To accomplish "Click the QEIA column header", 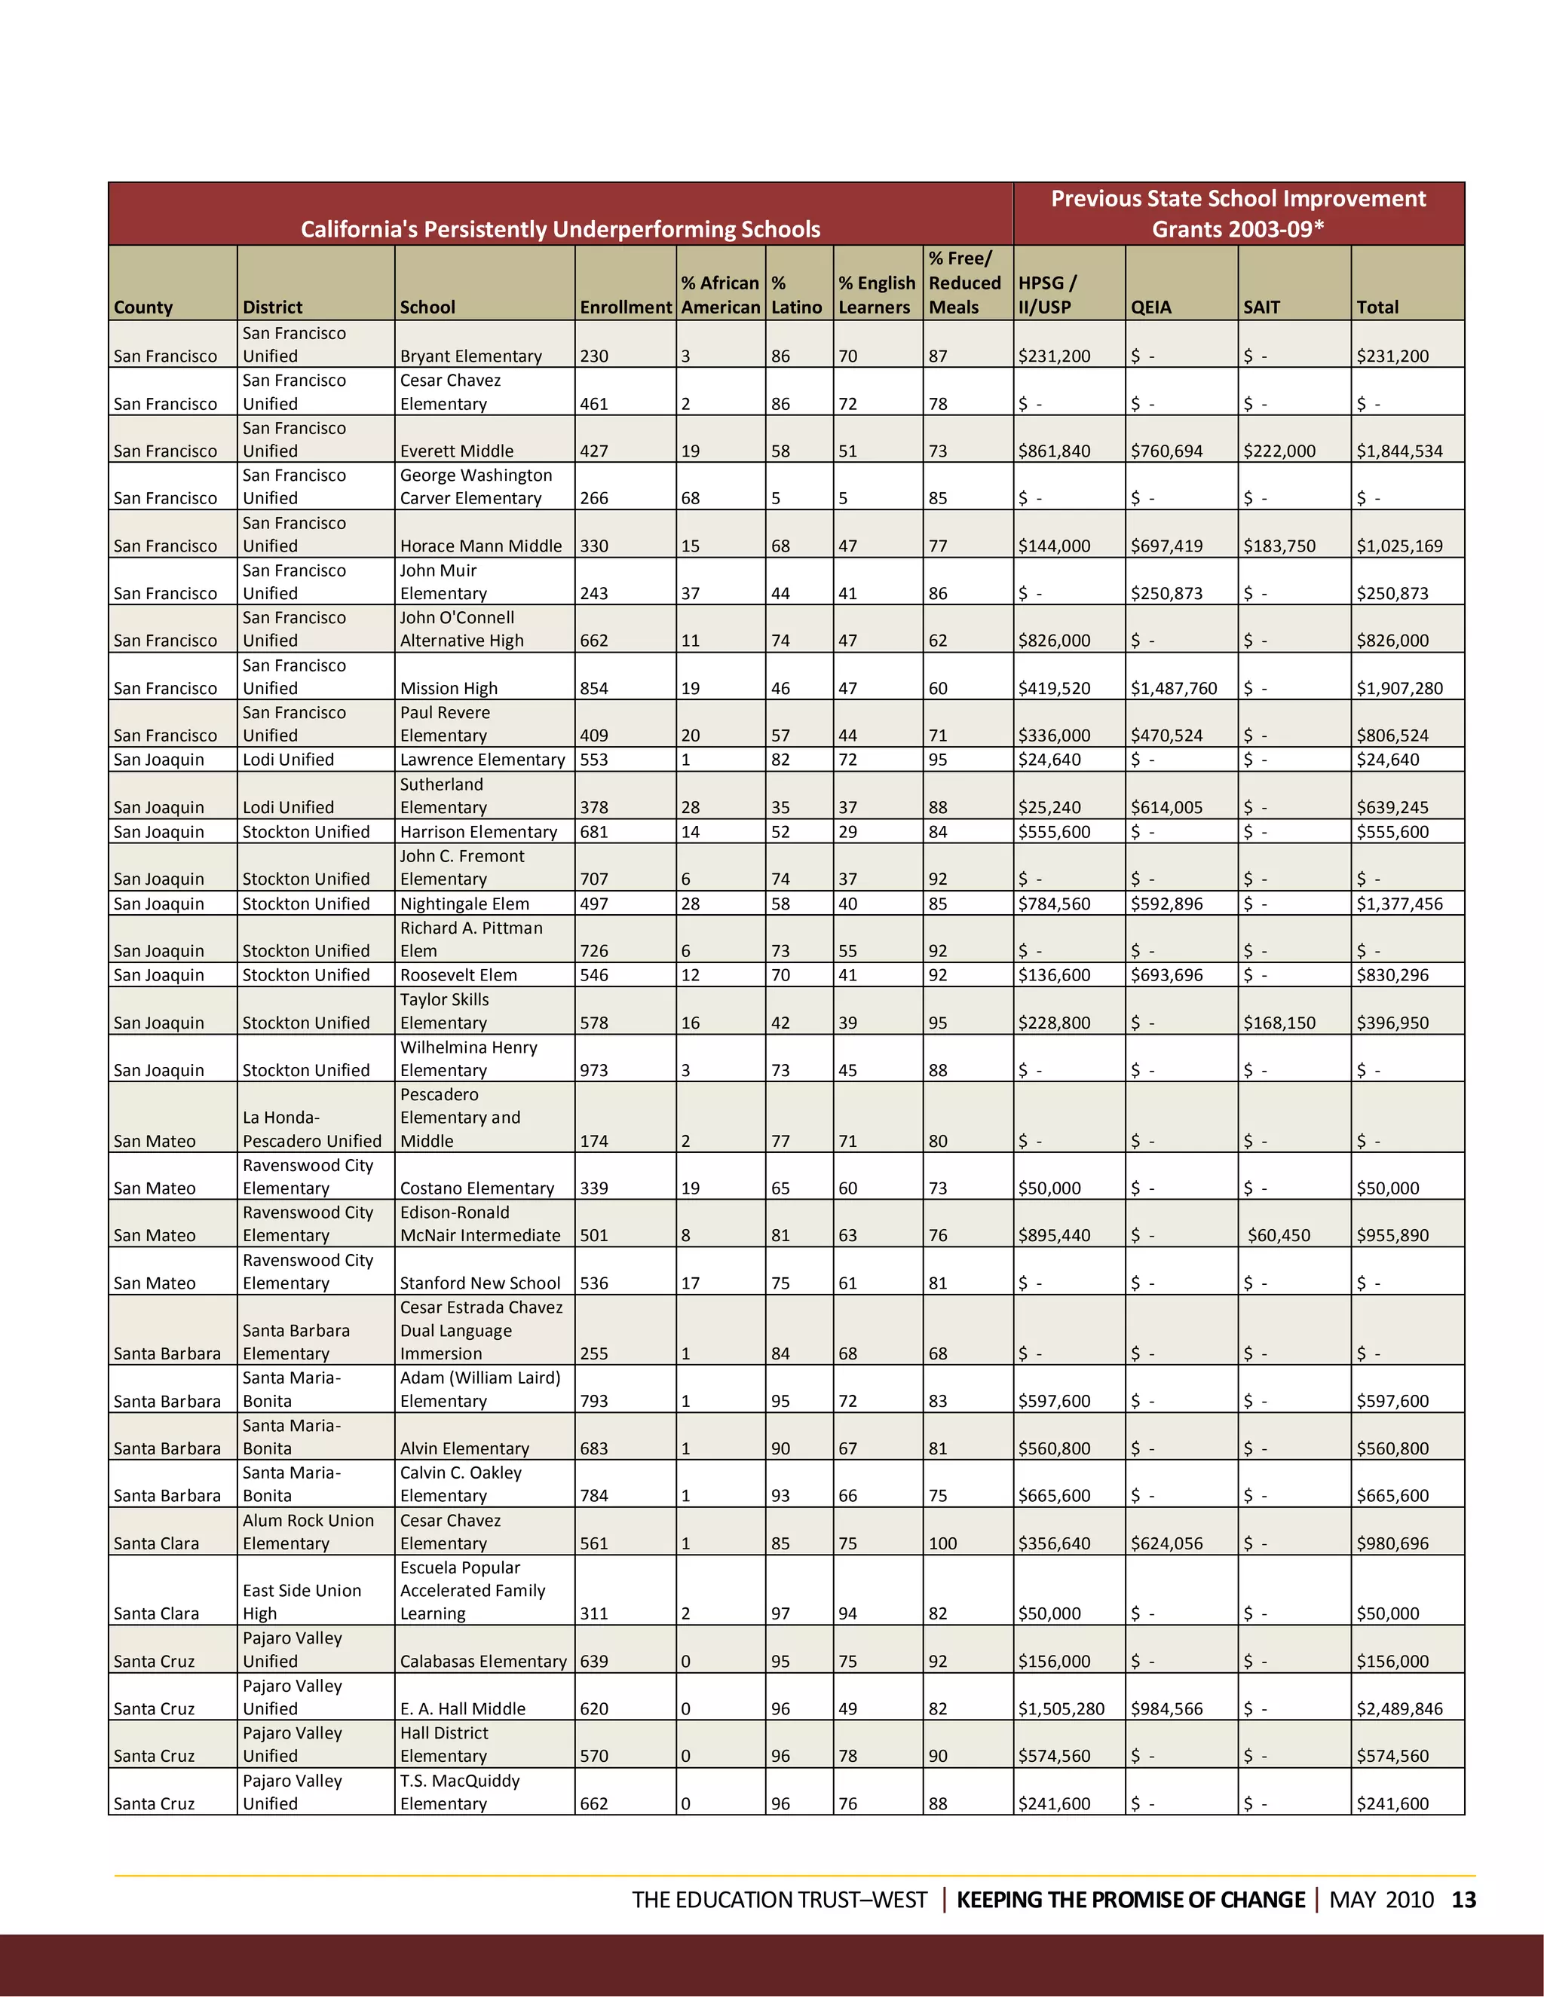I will [1150, 307].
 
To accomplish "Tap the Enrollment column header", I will [626, 307].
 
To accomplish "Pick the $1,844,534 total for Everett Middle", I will [1398, 451].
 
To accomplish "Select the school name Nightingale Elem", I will [464, 904].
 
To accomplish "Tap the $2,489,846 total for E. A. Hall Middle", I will [1398, 1709].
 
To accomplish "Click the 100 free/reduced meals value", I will [942, 1543].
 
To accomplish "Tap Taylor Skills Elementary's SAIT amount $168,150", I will [1279, 1023].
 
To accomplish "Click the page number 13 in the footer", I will [1463, 1900].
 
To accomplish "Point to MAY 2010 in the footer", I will [1380, 1900].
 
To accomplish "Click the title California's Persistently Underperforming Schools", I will [560, 228].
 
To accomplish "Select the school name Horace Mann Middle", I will [480, 546].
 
